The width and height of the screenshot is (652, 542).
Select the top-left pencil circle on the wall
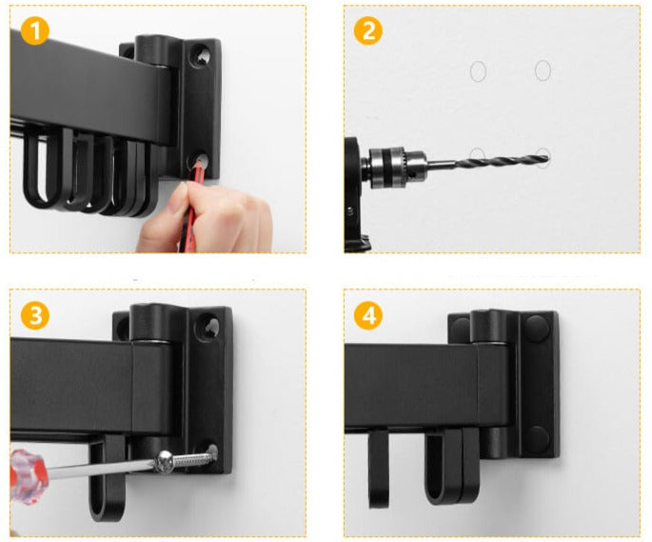coord(479,70)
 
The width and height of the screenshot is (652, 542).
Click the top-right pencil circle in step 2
coord(543,70)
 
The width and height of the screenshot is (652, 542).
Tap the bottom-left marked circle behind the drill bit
coord(478,154)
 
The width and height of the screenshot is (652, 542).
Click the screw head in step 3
coord(166,462)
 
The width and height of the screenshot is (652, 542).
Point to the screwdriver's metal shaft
coord(105,467)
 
